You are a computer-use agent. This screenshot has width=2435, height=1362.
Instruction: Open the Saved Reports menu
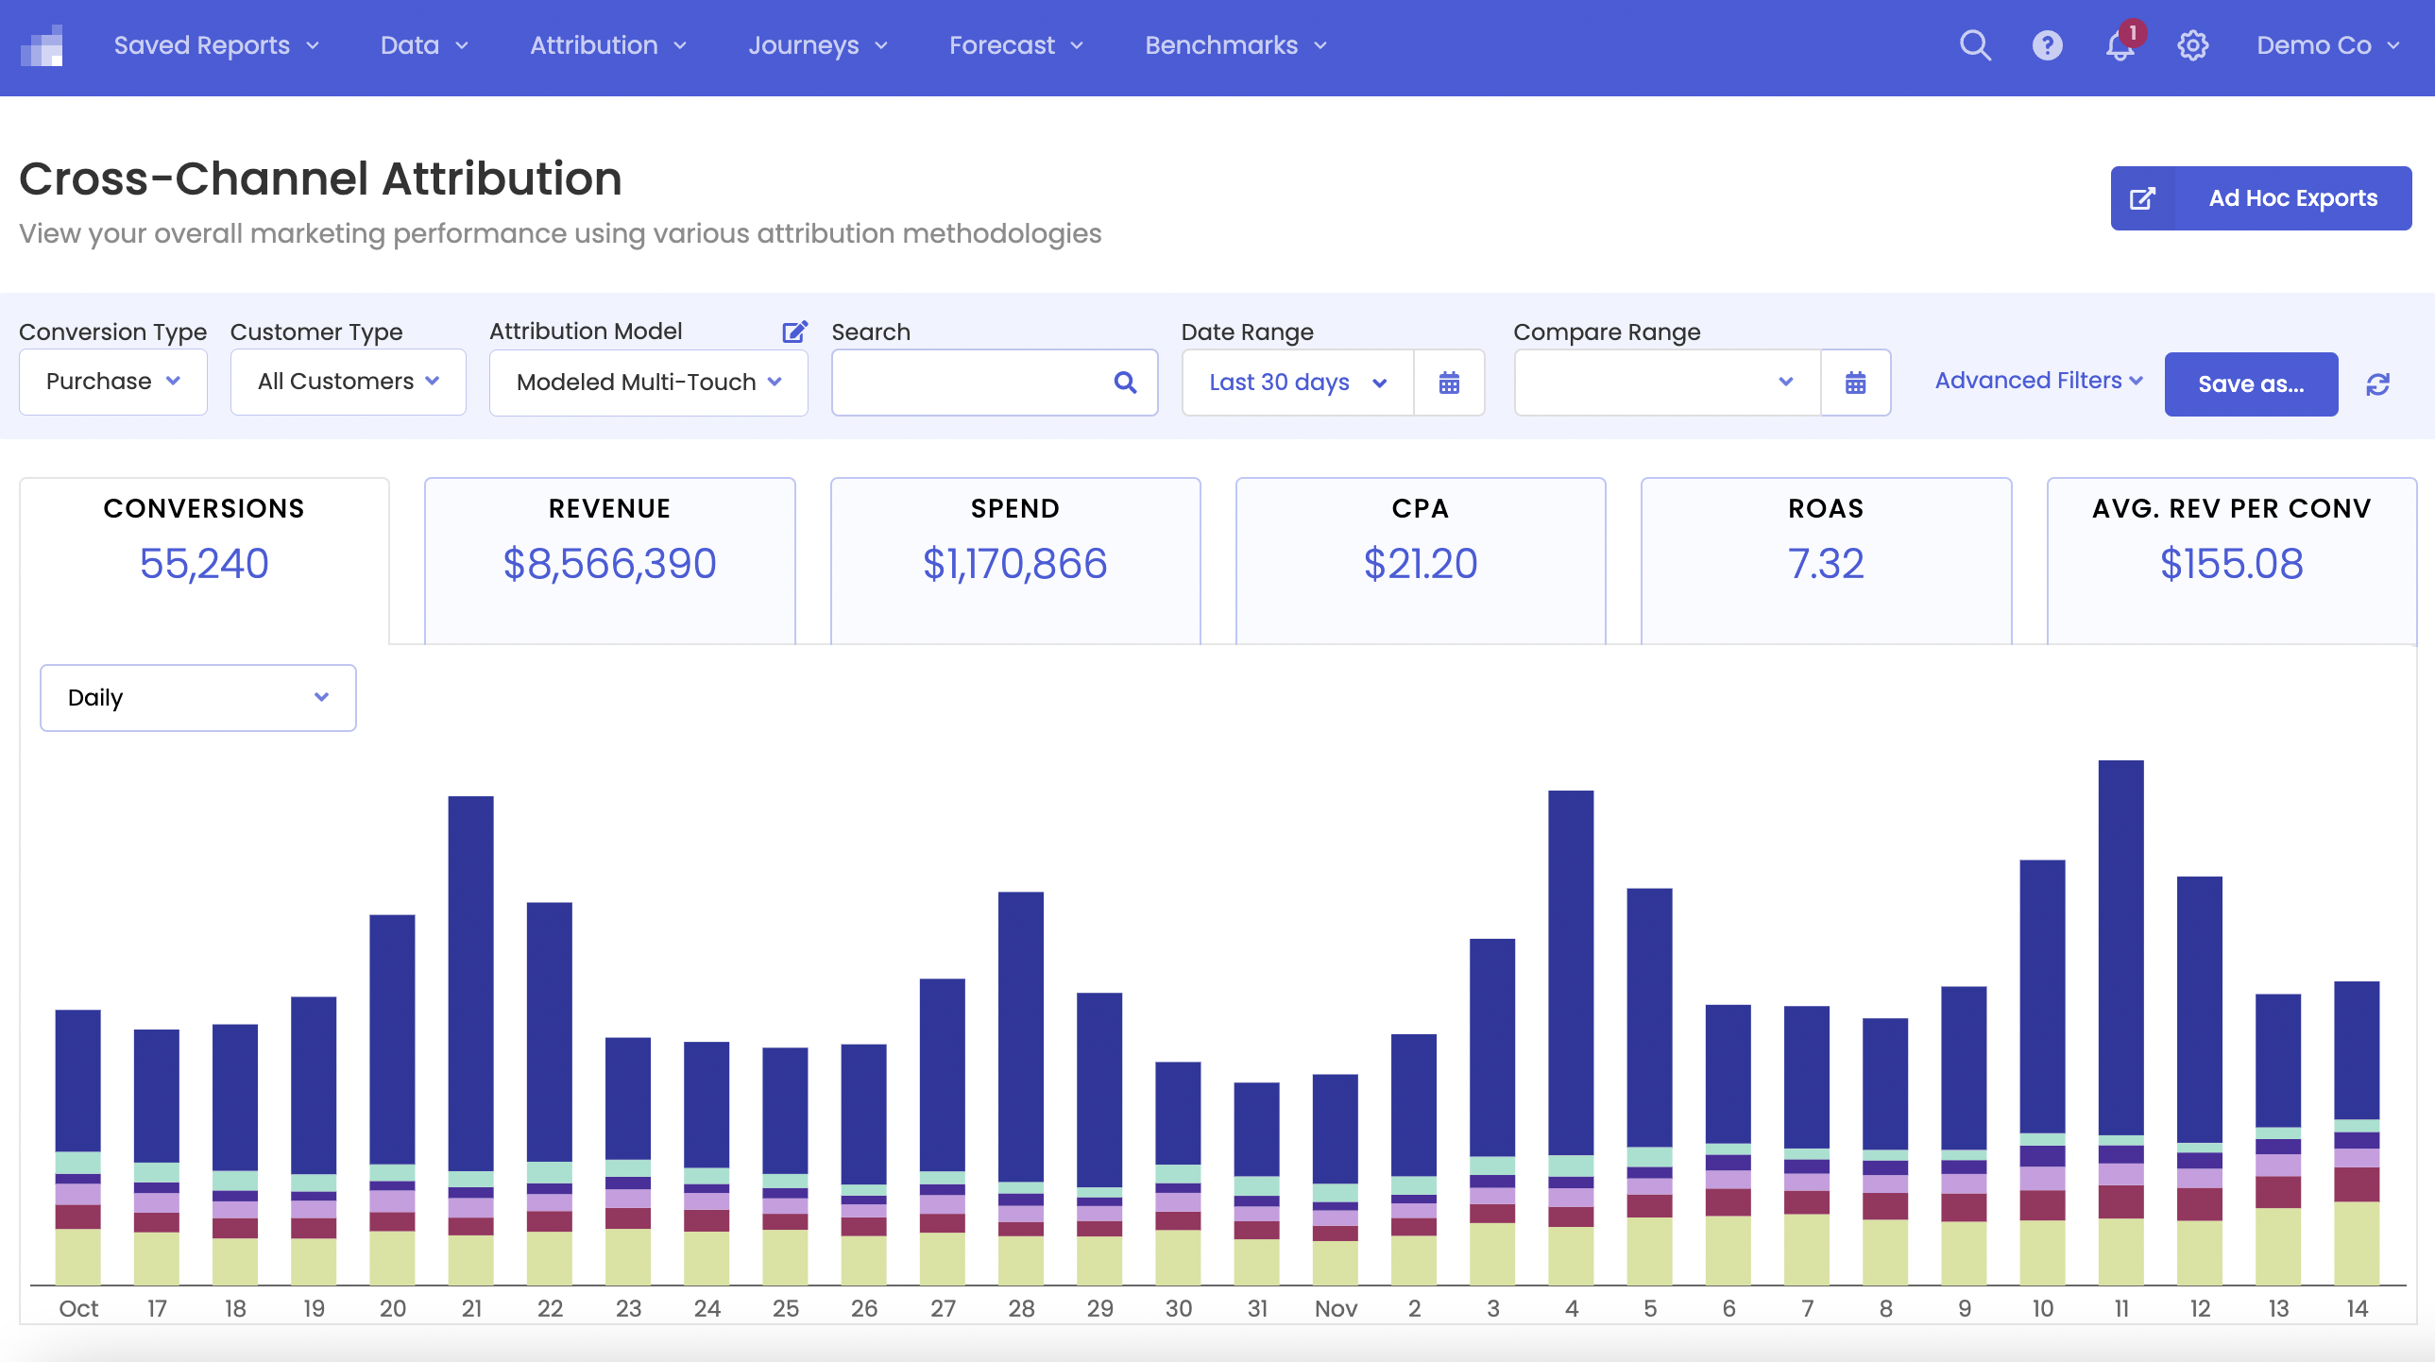pos(215,45)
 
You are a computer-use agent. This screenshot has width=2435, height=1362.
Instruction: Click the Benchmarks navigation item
pos(1235,45)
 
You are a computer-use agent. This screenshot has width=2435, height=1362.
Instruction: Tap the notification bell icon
pos(2120,45)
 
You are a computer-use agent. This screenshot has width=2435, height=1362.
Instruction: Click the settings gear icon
pos(2192,45)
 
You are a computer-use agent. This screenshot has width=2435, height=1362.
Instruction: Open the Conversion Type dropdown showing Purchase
pos(112,382)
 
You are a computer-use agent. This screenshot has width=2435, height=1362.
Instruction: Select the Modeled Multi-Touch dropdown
pos(648,383)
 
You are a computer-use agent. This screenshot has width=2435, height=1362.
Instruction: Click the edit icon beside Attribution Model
pos(794,332)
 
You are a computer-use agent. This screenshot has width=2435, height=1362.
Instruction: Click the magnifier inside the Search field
pos(1124,383)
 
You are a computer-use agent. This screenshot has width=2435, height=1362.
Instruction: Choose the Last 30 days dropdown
pos(1297,383)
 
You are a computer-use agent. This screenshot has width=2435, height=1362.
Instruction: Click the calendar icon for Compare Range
pos(1855,383)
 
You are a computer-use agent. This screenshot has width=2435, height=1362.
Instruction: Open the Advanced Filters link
pos(2037,381)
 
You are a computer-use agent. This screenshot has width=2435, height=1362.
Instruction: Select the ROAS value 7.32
pos(1825,564)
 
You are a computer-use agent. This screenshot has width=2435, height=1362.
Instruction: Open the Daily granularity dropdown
pos(197,698)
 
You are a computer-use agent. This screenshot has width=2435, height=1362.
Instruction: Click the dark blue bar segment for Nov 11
pos(2120,945)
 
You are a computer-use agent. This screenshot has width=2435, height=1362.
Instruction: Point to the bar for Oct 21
pos(470,983)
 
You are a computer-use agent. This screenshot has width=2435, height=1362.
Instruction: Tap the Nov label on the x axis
pos(1335,1309)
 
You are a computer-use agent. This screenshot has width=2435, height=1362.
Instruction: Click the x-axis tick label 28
pos(1021,1309)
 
